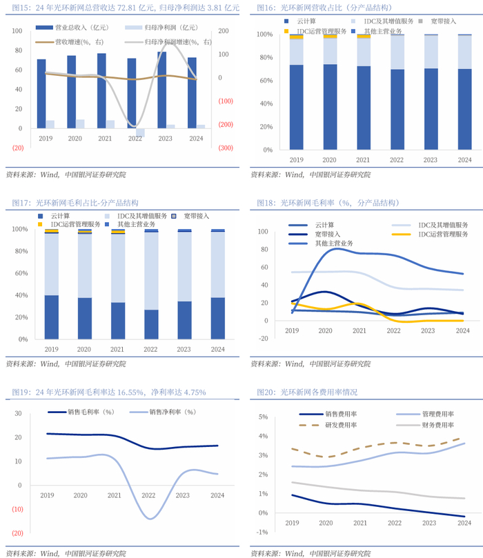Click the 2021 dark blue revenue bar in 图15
[x=101, y=90]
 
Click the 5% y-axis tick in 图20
[x=264, y=417]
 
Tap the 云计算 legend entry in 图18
[x=324, y=225]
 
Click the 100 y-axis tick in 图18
[x=262, y=232]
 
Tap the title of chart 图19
[x=109, y=392]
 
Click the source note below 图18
[x=310, y=363]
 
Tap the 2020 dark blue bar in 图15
[x=72, y=92]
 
